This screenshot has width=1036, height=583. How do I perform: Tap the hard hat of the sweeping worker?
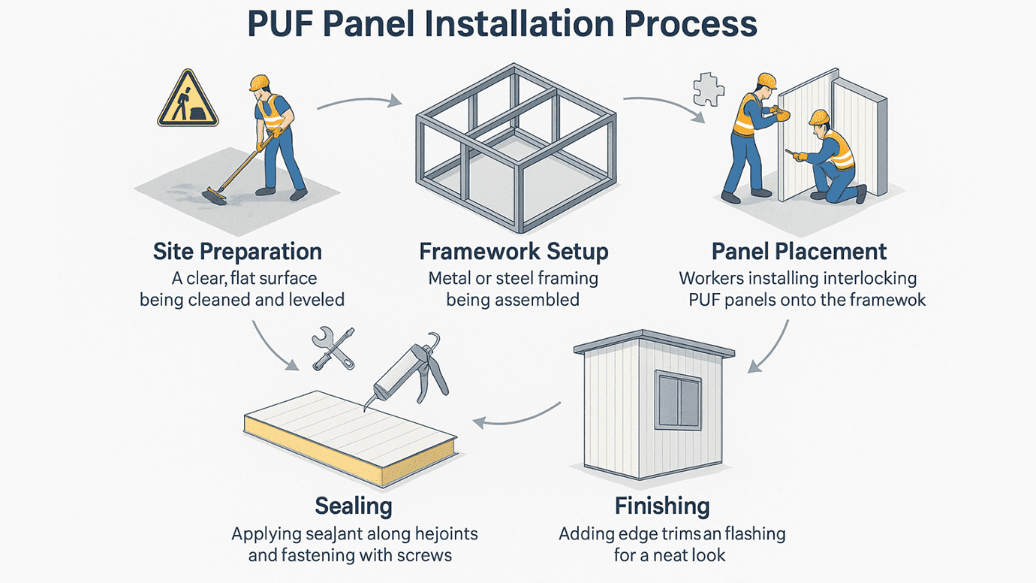tap(260, 82)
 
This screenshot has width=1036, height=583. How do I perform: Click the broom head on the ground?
tap(214, 197)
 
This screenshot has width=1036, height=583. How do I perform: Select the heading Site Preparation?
tap(237, 251)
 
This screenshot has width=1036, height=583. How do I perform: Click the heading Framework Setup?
tap(513, 251)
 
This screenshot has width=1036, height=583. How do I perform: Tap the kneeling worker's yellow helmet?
tap(819, 117)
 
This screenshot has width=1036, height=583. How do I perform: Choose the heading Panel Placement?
tap(799, 251)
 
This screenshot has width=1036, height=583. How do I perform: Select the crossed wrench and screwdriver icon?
tap(333, 348)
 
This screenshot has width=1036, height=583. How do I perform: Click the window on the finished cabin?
tap(677, 400)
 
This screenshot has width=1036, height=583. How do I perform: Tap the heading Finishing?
tap(662, 506)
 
